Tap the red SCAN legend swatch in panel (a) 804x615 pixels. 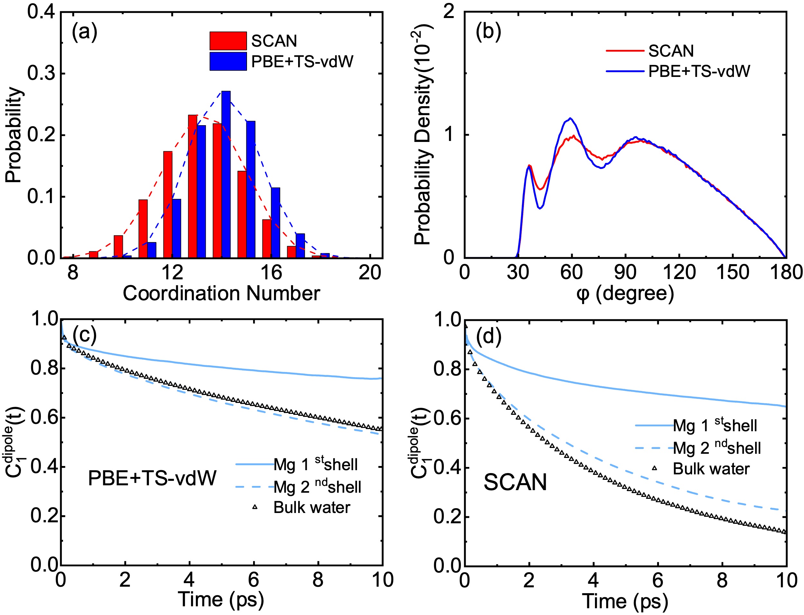click(x=228, y=41)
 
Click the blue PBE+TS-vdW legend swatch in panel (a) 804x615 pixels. click(x=228, y=61)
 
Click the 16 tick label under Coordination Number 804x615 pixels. click(x=271, y=273)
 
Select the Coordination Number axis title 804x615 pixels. click(x=221, y=294)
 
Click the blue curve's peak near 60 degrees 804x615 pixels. click(x=570, y=118)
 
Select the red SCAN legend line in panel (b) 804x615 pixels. click(x=625, y=51)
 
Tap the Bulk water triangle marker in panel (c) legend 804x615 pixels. click(x=255, y=507)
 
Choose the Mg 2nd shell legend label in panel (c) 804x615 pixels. click(x=317, y=487)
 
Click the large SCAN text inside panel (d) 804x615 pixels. click(x=515, y=482)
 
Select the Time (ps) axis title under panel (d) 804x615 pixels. click(x=625, y=601)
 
